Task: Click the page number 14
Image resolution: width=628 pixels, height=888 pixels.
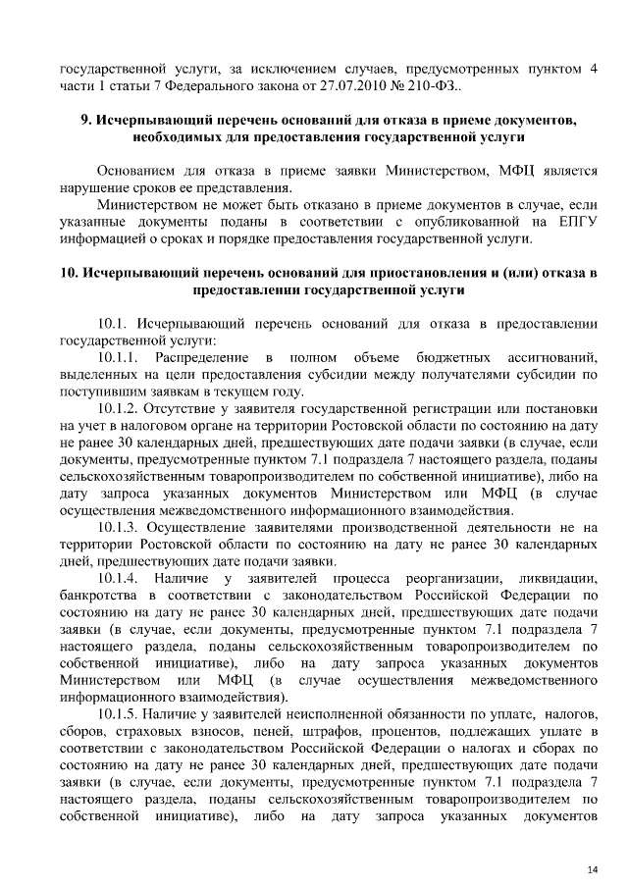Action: (x=592, y=843)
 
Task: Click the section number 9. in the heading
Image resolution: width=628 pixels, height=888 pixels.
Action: (x=85, y=121)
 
